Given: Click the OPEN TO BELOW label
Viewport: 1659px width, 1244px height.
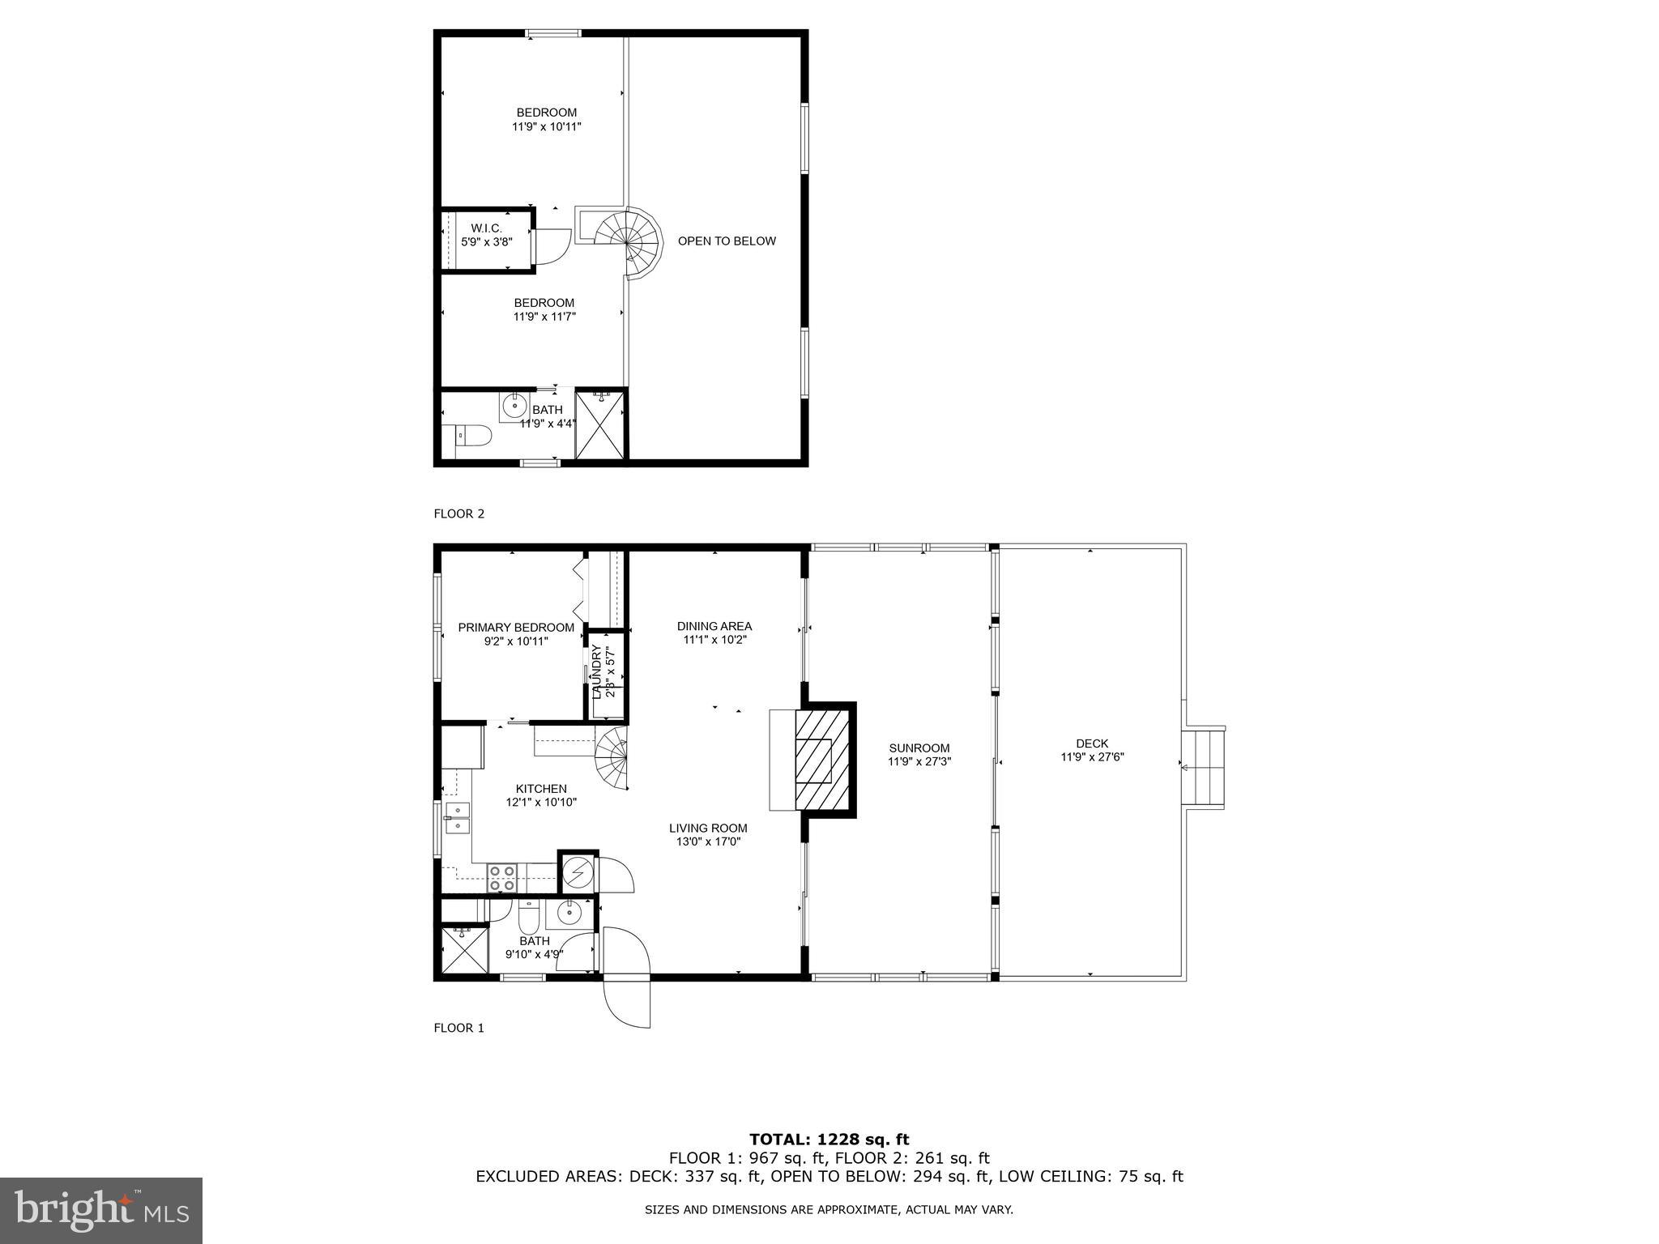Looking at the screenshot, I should (727, 241).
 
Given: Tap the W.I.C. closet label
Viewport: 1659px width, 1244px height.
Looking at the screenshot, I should (486, 229).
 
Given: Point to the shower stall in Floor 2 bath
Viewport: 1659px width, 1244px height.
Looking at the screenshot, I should (600, 424).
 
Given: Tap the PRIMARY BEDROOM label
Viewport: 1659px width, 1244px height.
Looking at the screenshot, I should (516, 628).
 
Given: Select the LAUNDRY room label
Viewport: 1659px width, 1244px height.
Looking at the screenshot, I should (597, 671).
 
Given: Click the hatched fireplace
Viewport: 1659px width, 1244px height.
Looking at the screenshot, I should (822, 760).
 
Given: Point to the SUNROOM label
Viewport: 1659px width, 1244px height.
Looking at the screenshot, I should (919, 748).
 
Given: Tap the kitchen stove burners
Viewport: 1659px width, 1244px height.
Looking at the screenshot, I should (501, 878).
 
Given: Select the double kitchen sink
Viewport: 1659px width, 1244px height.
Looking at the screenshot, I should (457, 818).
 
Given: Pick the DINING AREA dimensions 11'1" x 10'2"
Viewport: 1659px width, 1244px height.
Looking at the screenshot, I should (714, 640).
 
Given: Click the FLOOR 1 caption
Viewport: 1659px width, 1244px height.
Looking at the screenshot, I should (458, 1028).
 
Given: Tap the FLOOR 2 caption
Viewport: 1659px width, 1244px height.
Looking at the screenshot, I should (458, 513).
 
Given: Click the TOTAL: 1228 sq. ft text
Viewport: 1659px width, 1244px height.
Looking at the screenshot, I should (829, 1140).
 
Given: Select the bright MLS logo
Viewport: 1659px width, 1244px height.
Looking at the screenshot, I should (100, 1211).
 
